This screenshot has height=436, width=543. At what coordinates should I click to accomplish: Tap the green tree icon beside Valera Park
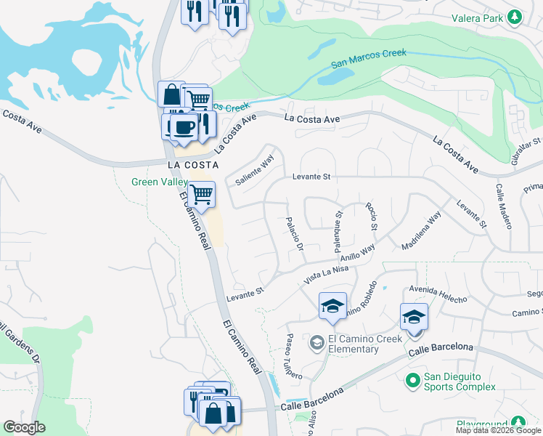pos(515,17)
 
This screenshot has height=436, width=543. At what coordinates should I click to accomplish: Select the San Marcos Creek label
pos(369,59)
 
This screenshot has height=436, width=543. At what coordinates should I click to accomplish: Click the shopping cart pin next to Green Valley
pos(201,195)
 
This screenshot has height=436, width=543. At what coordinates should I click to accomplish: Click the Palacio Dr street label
pos(294,234)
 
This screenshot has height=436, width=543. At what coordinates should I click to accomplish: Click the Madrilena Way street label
pos(421,230)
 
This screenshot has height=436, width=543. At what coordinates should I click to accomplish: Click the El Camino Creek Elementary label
pos(354,343)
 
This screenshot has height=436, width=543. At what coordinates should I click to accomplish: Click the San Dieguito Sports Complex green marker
pos(413,379)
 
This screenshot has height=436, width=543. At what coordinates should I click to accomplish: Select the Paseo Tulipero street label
pos(294,355)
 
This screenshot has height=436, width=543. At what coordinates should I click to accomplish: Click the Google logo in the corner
pos(24,427)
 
